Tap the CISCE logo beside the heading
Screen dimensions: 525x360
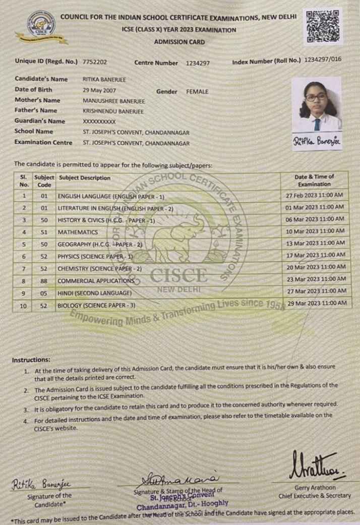tap(42, 26)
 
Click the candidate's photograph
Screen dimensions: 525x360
tap(316, 104)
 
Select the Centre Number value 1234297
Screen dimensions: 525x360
tap(198, 63)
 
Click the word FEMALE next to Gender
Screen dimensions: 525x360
tap(197, 92)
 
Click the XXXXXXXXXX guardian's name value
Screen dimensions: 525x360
tap(99, 122)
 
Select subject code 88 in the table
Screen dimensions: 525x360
tap(44, 281)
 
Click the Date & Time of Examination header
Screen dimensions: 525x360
tap(314, 181)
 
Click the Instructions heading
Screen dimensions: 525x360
tap(31, 360)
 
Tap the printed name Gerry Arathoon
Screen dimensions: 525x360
tap(314, 488)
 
